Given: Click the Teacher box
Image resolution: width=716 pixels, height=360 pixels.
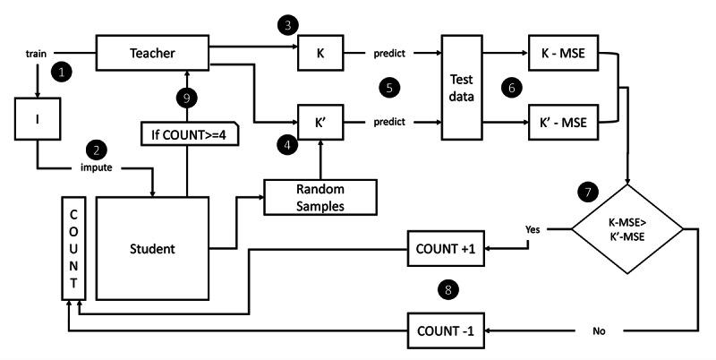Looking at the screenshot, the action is tap(152, 53).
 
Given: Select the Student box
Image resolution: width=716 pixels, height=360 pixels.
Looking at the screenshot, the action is tap(152, 249).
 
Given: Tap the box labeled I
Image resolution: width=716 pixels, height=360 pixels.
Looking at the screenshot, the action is tap(38, 119).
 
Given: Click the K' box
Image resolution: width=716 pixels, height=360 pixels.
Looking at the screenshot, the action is tap(320, 122).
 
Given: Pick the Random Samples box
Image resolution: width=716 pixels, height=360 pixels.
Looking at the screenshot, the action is tap(320, 197).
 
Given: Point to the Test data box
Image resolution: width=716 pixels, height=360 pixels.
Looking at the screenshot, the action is tap(462, 87).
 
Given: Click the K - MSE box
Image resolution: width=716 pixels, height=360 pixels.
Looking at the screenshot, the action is tap(564, 53).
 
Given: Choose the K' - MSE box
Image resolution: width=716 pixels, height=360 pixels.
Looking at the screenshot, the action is tap(564, 122).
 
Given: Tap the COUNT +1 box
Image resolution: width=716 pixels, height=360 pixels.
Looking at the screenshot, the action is tap(446, 249).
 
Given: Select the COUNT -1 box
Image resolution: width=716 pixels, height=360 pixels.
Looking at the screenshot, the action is tap(446, 330).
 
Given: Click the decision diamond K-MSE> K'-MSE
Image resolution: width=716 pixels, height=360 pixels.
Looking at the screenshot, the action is tap(627, 229).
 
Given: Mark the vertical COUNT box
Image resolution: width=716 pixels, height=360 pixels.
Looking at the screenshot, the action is tap(73, 249).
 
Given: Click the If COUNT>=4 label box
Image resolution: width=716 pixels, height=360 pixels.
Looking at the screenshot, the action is tap(190, 133).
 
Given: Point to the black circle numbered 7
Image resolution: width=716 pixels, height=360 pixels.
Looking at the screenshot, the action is tap(588, 192).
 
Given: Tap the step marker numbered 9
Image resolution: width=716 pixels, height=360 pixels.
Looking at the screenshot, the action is tap(187, 98).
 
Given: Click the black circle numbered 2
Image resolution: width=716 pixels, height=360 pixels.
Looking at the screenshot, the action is tap(97, 150).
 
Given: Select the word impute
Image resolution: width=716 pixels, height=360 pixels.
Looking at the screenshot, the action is tap(97, 167).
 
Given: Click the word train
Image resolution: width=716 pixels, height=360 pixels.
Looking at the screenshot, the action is tap(36, 54).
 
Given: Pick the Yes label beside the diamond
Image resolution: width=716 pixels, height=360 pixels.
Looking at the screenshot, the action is tap(533, 229).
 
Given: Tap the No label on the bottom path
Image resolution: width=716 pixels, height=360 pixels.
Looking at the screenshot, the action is tap(599, 331).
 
